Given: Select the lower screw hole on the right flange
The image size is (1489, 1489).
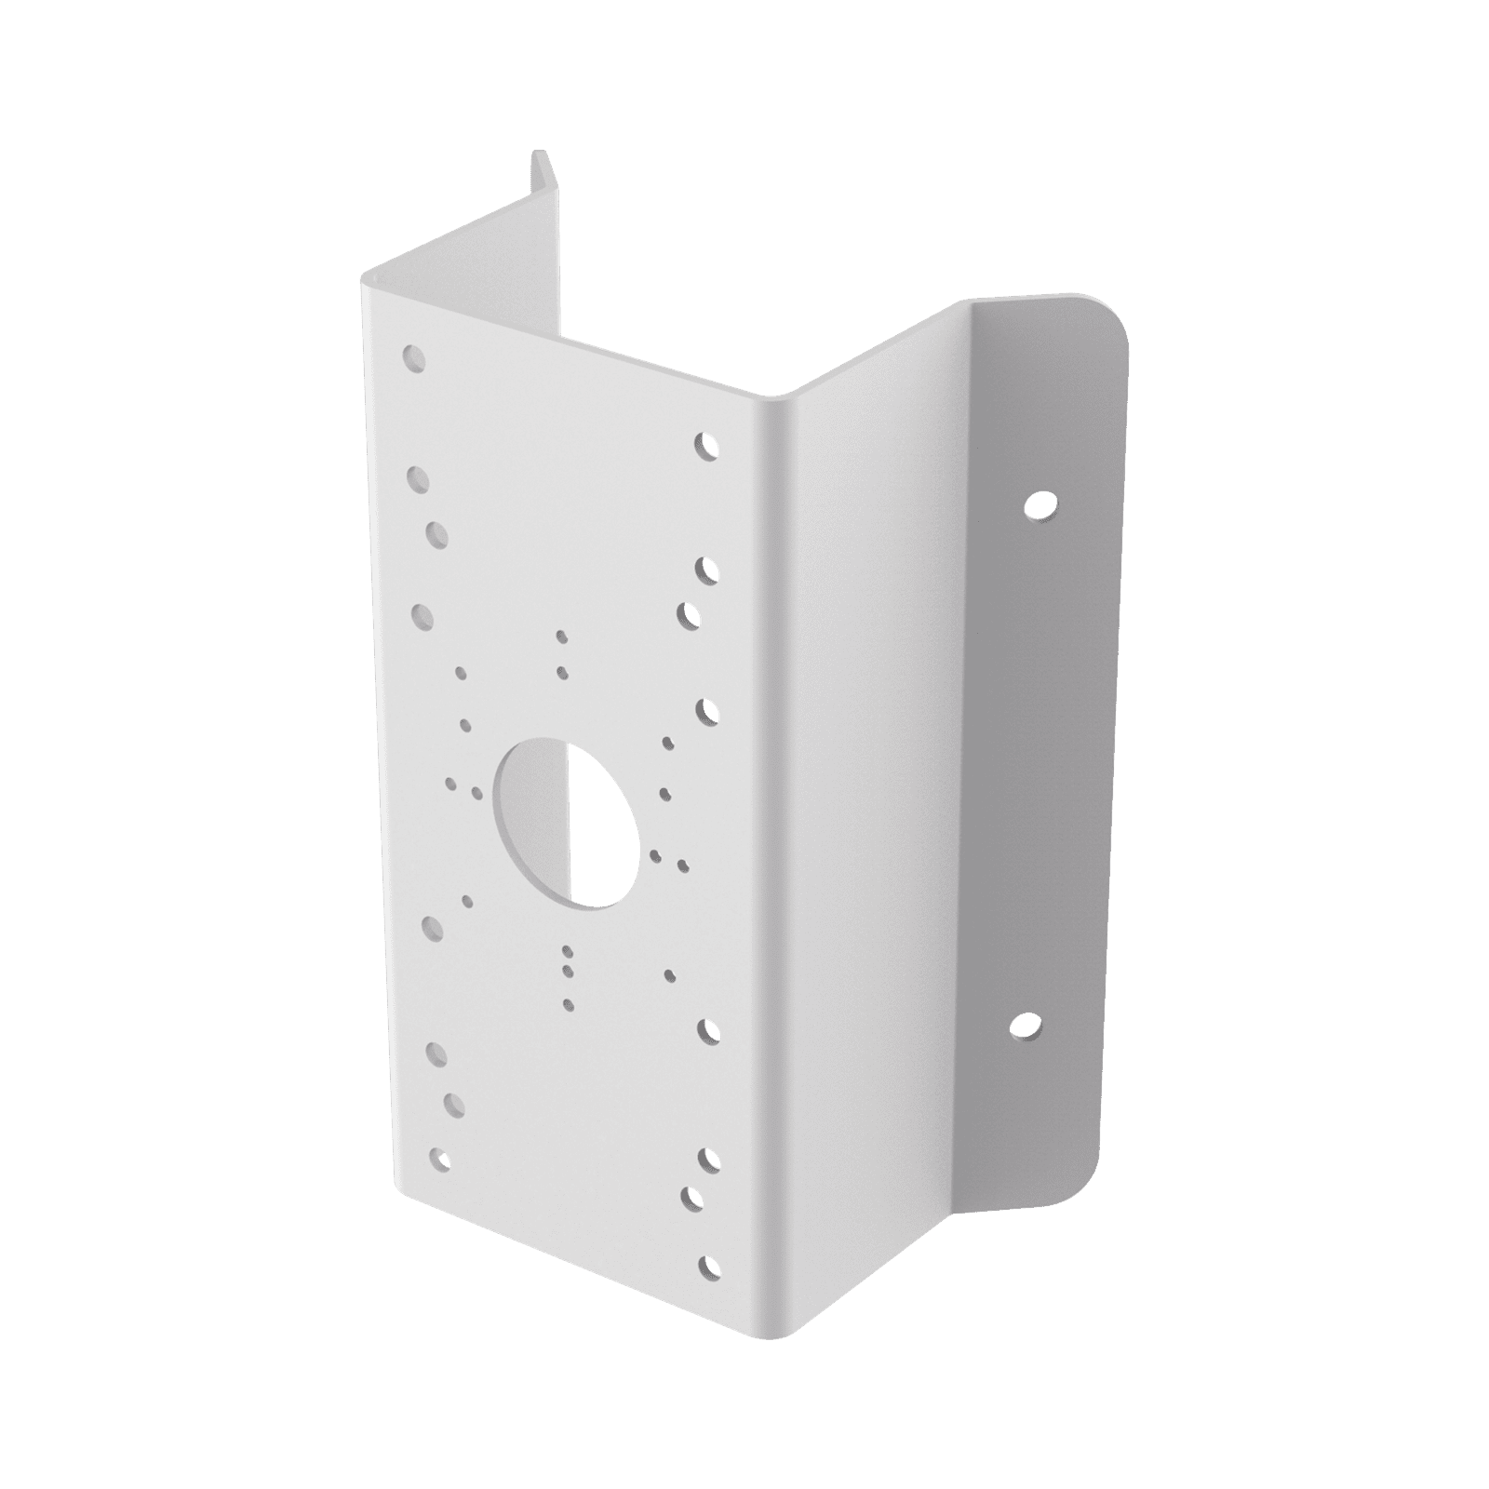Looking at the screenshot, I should (1024, 1026).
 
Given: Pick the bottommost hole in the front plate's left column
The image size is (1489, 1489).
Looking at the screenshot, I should (438, 1159).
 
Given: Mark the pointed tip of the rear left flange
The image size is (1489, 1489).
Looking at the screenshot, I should (537, 154).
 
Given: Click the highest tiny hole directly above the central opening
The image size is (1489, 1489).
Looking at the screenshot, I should (560, 637).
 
